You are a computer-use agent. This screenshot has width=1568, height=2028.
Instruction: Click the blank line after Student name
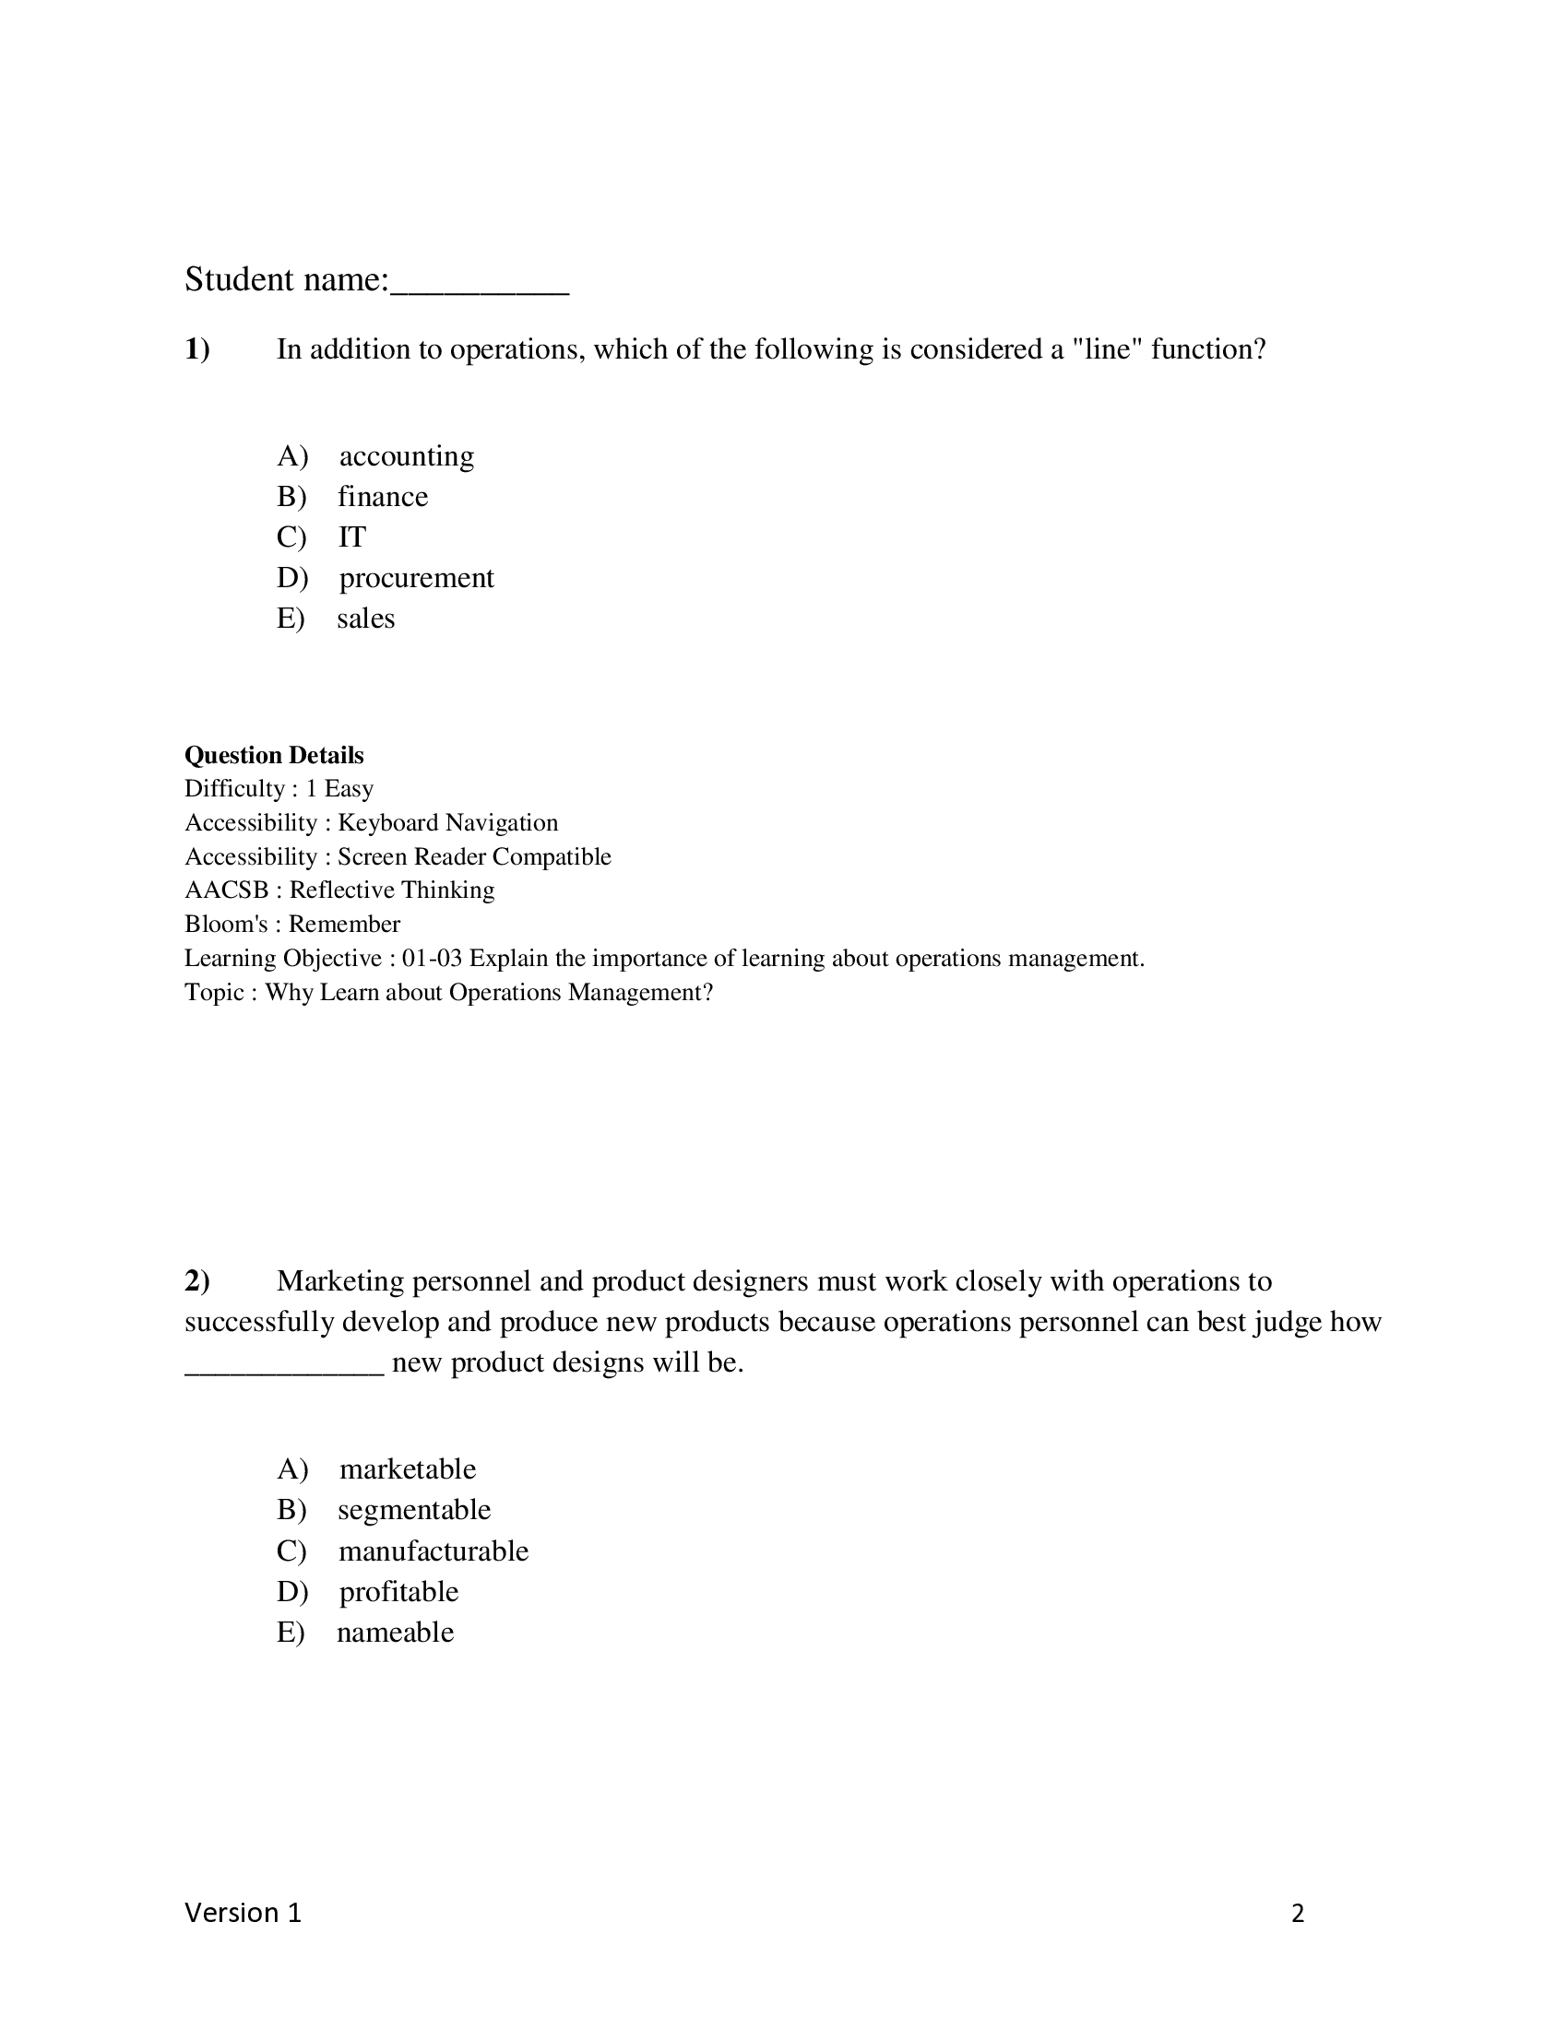[480, 288]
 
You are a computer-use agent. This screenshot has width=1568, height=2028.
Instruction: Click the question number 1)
[197, 349]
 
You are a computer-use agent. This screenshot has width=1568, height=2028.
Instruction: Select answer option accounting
[406, 456]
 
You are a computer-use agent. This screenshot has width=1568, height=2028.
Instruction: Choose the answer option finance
[382, 497]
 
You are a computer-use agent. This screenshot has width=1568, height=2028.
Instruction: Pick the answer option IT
[352, 536]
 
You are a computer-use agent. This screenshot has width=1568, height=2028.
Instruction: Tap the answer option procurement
[416, 578]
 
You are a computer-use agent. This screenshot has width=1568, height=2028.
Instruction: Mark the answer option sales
[365, 619]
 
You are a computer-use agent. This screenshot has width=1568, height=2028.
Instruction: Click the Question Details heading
[274, 755]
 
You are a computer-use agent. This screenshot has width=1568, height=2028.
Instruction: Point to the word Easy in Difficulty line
[349, 788]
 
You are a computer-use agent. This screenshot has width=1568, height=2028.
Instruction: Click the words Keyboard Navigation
[447, 822]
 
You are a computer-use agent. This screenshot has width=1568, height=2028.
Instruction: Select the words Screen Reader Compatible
[474, 856]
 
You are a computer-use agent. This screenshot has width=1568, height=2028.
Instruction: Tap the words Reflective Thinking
[391, 890]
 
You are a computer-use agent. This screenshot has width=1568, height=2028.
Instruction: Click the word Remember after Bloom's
[344, 924]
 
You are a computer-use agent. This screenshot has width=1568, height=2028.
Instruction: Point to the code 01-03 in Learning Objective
[432, 959]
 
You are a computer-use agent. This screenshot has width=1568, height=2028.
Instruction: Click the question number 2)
[197, 1281]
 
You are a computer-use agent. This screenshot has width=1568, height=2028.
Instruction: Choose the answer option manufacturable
[433, 1550]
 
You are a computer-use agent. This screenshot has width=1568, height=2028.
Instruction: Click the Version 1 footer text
[243, 1913]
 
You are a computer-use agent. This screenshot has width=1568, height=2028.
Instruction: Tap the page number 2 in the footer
[1298, 1914]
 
